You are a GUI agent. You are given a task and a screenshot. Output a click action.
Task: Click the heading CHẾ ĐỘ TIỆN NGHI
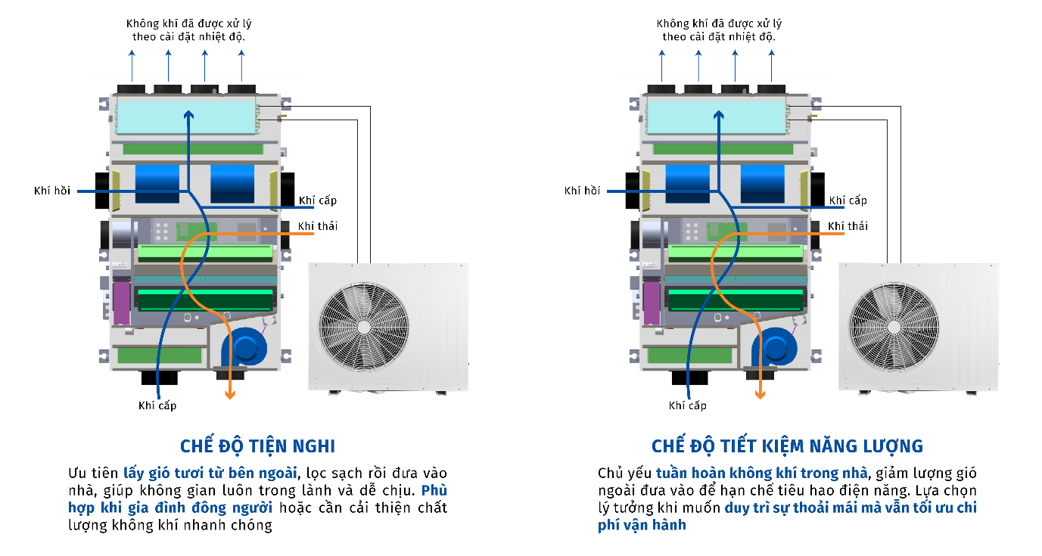click(x=257, y=446)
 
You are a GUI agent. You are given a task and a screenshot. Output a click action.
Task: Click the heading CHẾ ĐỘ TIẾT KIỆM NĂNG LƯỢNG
click(x=787, y=446)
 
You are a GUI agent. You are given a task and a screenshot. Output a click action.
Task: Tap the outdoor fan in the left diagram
click(x=363, y=327)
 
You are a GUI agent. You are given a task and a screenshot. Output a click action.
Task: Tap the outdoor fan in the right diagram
click(x=894, y=327)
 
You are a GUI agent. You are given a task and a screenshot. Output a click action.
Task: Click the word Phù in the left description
click(x=434, y=490)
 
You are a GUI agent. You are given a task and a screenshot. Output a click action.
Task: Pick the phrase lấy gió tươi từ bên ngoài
click(x=210, y=473)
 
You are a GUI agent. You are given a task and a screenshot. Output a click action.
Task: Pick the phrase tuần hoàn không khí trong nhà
click(x=761, y=473)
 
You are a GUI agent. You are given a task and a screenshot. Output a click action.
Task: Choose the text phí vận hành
click(x=642, y=524)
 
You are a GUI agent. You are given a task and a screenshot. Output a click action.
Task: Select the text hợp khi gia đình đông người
click(x=170, y=508)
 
